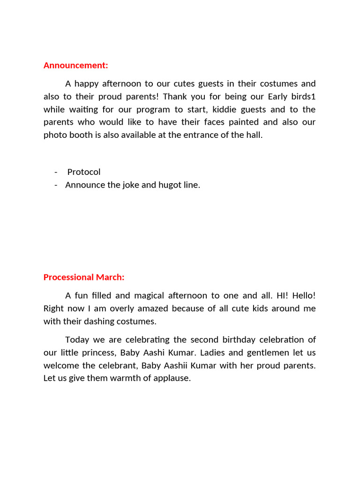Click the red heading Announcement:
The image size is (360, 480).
point(75,66)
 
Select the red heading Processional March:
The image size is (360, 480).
point(84,277)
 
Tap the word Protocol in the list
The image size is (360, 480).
point(84,172)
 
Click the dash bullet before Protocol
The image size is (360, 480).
point(56,172)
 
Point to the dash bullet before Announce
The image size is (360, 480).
point(56,185)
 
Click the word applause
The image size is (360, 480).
point(172,378)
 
